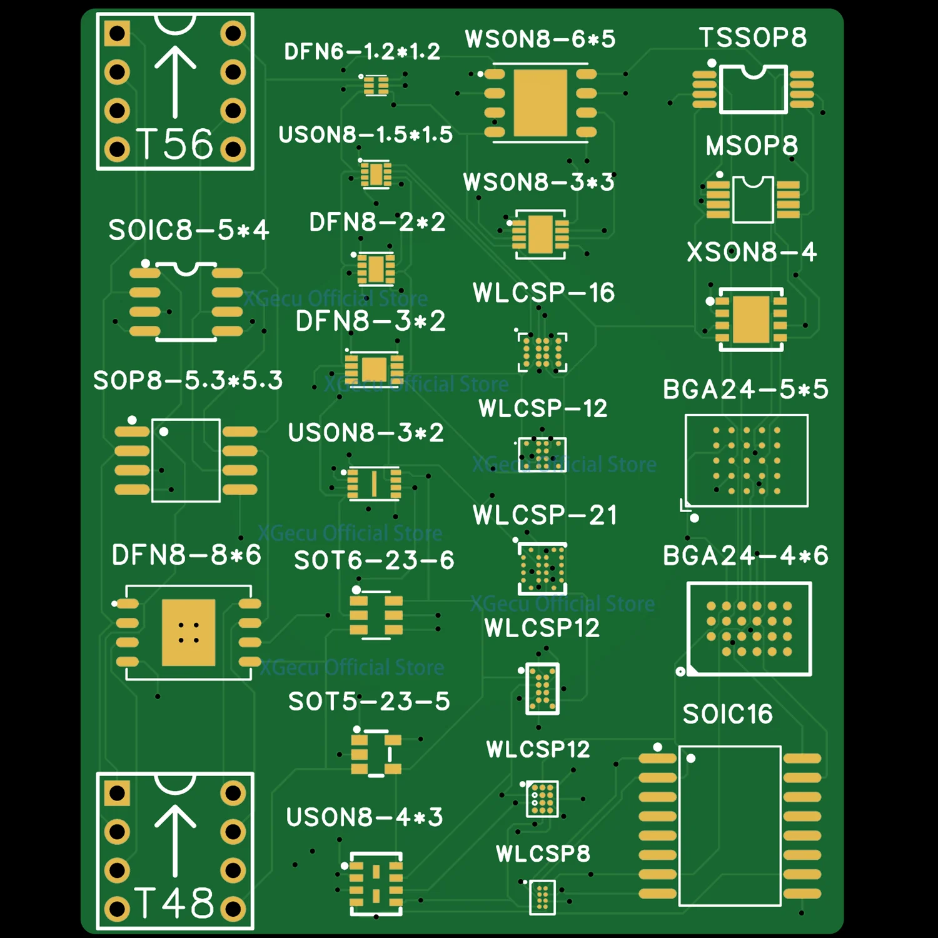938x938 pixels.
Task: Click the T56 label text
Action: click(x=175, y=144)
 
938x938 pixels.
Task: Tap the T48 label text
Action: click(x=175, y=903)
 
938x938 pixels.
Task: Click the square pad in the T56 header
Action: click(x=117, y=34)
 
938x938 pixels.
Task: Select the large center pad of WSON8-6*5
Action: click(x=540, y=103)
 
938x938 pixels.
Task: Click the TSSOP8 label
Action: click(x=752, y=38)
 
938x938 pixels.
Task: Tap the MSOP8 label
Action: click(x=752, y=146)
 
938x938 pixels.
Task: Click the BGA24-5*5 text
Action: click(x=745, y=390)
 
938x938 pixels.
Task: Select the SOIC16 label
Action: click(x=727, y=714)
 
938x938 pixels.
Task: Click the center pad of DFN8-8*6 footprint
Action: click(x=188, y=632)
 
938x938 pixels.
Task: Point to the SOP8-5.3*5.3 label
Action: click(x=188, y=380)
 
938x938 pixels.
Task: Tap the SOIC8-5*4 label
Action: click(x=188, y=230)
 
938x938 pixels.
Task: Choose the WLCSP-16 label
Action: click(x=543, y=293)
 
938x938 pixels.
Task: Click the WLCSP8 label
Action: click(x=543, y=854)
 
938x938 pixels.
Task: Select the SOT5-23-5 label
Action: click(x=369, y=702)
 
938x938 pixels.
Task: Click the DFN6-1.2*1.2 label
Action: click(x=362, y=51)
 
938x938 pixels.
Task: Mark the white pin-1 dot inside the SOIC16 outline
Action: click(x=691, y=759)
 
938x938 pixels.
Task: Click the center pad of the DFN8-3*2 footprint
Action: click(x=374, y=368)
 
